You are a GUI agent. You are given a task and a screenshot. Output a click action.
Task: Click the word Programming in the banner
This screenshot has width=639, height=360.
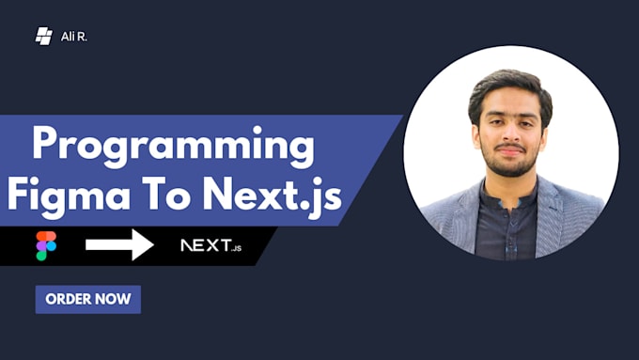coord(173,149)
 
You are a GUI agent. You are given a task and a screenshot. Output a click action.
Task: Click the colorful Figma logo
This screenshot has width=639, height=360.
coord(46,245)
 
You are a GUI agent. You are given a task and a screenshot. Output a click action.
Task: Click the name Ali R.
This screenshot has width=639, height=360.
coord(74,37)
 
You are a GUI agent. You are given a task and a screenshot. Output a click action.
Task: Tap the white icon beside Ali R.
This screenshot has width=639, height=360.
coord(43,37)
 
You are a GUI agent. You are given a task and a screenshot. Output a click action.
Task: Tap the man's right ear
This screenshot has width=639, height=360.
coord(473,133)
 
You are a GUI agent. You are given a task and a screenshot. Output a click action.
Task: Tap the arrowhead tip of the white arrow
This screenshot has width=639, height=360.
coord(152,245)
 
